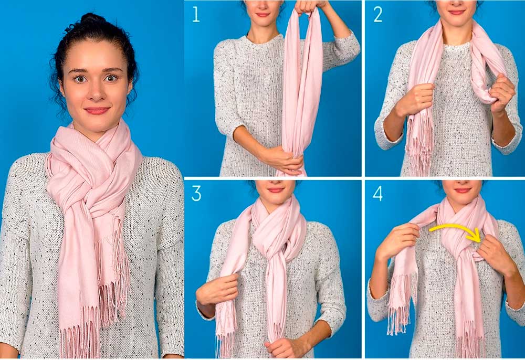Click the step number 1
(x=196, y=15)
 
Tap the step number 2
(x=378, y=15)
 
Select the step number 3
(x=196, y=194)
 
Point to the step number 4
(x=377, y=194)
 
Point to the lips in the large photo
(x=97, y=111)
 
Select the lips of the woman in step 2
(x=457, y=13)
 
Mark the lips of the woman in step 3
(x=276, y=190)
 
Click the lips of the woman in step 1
(x=262, y=15)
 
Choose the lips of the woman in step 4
(x=463, y=190)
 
